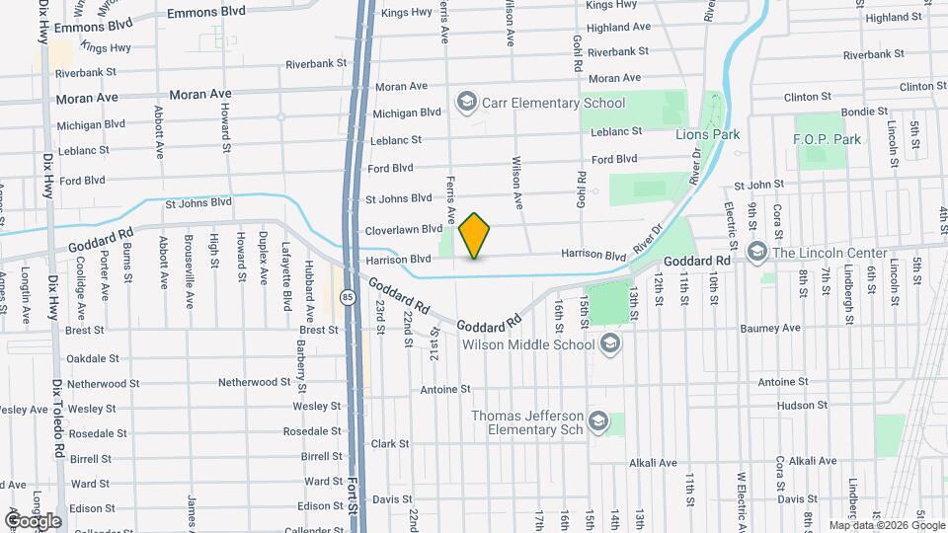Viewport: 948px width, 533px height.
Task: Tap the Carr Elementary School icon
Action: pos(466,102)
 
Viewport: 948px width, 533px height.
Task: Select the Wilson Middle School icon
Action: pos(609,343)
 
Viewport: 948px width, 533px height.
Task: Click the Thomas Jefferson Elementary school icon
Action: pos(596,422)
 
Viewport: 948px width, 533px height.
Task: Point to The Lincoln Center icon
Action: pos(756,253)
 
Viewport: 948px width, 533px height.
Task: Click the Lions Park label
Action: pos(708,133)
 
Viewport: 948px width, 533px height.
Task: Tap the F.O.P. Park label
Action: pos(827,139)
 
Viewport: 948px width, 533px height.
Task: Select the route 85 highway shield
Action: pos(347,296)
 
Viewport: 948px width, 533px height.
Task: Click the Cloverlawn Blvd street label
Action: pos(403,229)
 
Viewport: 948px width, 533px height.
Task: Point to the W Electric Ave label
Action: pos(741,498)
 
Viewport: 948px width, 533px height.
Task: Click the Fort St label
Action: pos(353,498)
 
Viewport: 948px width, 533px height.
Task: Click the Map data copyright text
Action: pos(886,525)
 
